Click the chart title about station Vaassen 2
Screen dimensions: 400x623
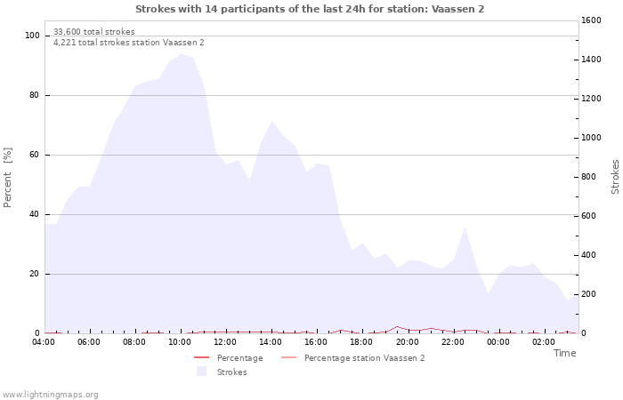click(311, 9)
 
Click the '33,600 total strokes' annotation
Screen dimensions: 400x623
click(94, 32)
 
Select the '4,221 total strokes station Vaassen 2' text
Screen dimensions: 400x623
click(128, 43)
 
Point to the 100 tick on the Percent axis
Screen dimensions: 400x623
click(33, 36)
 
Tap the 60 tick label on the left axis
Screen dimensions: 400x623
click(36, 155)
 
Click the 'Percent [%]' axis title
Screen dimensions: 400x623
click(9, 177)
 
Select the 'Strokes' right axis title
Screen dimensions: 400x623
click(615, 177)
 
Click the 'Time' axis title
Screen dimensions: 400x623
click(564, 354)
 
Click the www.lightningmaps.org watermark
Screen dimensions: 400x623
click(50, 395)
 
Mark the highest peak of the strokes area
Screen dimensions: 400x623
click(181, 54)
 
